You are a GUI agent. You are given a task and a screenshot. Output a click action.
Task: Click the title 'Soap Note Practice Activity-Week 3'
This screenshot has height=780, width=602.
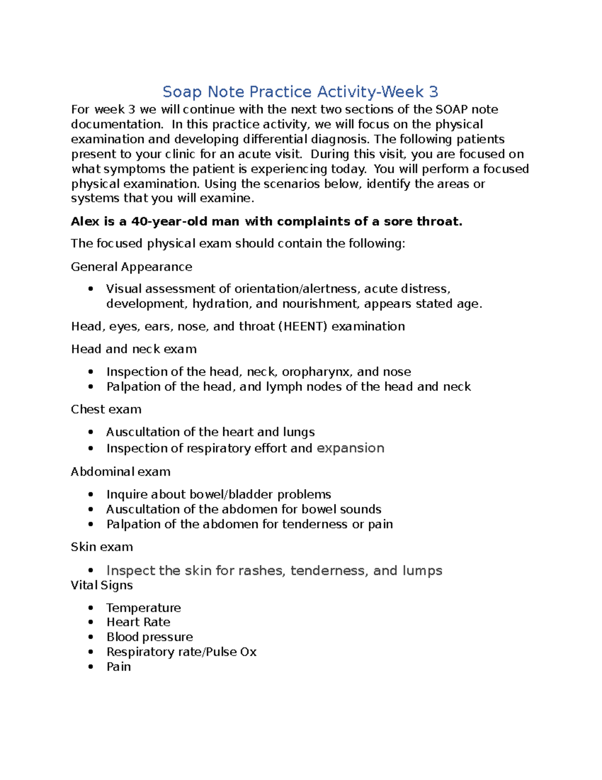click(300, 92)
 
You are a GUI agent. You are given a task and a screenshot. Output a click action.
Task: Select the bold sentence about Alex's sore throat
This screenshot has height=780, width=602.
click(266, 221)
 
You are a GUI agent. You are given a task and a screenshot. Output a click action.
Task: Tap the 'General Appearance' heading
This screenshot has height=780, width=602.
click(131, 267)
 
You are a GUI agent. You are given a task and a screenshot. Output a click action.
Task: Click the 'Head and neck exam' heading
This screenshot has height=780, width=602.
click(133, 349)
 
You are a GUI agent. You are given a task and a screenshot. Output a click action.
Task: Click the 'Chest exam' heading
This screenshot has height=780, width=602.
click(106, 409)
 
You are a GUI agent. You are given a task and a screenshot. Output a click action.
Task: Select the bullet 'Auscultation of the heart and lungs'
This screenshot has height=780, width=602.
click(210, 432)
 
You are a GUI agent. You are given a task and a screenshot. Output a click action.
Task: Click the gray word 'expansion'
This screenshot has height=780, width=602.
click(350, 448)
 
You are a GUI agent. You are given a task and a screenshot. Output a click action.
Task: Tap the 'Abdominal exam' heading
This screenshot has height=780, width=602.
click(120, 472)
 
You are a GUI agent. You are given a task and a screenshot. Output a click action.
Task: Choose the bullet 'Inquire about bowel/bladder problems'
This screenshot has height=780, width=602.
click(218, 494)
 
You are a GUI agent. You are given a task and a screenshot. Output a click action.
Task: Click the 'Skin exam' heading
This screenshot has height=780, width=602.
click(102, 547)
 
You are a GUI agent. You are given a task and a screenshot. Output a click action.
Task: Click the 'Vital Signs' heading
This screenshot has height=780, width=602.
click(102, 585)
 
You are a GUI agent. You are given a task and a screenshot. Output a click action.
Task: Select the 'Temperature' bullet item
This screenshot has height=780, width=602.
click(143, 608)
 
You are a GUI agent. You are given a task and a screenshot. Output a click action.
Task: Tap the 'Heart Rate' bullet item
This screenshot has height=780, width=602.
click(138, 622)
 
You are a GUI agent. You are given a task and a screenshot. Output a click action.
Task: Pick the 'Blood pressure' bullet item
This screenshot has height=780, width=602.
click(149, 637)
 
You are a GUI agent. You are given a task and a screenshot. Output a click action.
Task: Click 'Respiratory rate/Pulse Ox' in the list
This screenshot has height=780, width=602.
click(181, 652)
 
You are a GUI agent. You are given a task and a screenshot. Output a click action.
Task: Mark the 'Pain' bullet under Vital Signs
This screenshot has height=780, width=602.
click(118, 667)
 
